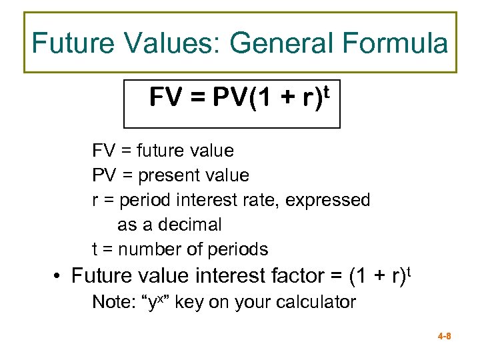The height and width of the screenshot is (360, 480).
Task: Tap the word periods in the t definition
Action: point(239,250)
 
